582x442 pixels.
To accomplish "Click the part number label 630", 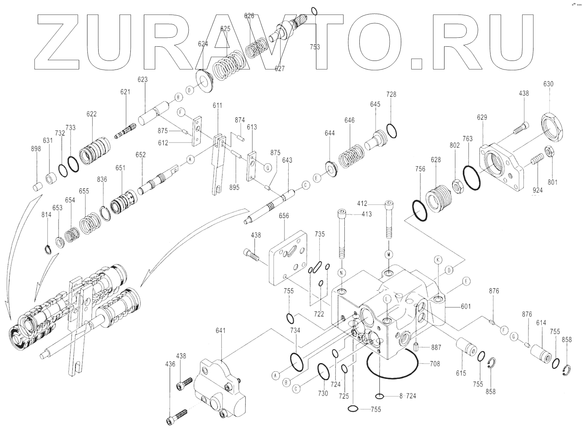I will [x=548, y=84].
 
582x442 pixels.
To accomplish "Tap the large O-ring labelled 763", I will [x=471, y=173].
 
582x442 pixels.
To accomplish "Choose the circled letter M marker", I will [x=388, y=254].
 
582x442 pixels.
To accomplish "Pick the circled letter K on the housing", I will [x=438, y=259].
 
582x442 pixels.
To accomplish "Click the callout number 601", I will [x=465, y=306].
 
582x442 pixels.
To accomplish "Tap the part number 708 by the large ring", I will [x=435, y=363].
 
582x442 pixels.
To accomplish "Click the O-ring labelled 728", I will [x=391, y=131].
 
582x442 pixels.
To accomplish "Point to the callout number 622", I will [x=91, y=114].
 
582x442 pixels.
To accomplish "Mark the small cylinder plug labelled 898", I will [x=37, y=186].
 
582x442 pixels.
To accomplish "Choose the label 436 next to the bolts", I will [x=170, y=364].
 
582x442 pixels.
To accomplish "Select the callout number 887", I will [x=436, y=347].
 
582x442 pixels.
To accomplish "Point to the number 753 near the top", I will [x=315, y=47].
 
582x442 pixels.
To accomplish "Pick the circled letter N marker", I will [x=341, y=273].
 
